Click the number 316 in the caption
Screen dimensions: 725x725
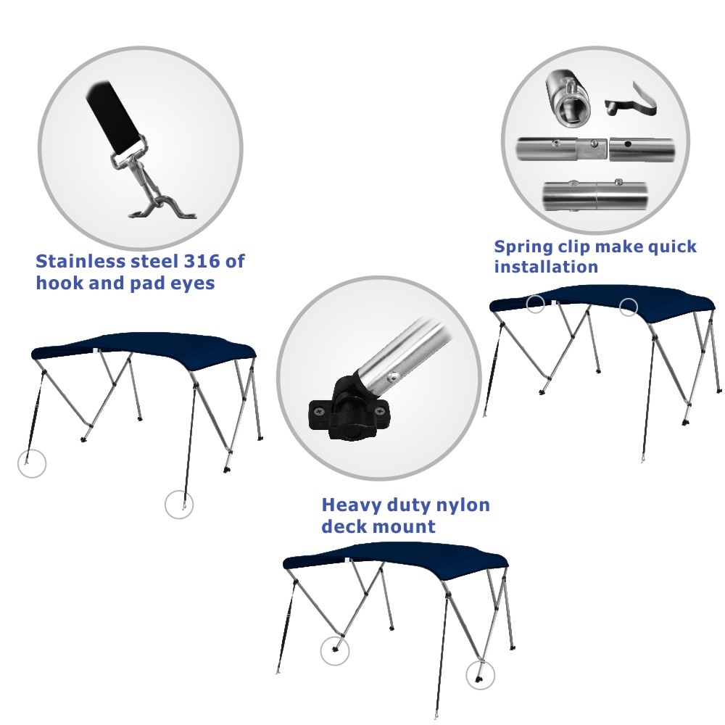pos(202,261)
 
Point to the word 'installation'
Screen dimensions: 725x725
pos(546,267)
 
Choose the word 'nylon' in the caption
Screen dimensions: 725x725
pos(463,505)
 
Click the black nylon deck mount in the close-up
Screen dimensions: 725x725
pos(350,405)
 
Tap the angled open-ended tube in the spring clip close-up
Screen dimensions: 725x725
pos(568,99)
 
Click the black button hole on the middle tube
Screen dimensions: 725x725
pos(627,144)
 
